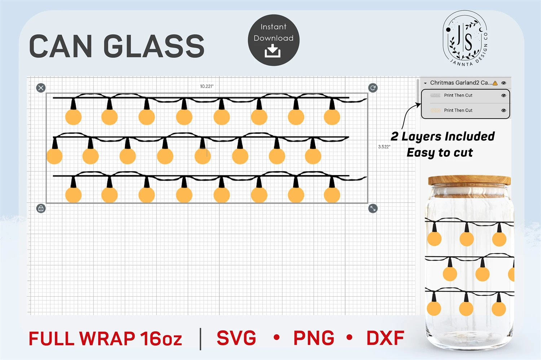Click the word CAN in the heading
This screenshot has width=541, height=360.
pyautogui.click(x=60, y=46)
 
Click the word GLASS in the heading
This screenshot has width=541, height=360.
pyautogui.click(x=154, y=46)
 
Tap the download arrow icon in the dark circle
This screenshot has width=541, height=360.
pyautogui.click(x=273, y=51)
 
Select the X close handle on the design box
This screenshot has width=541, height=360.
pyautogui.click(x=41, y=88)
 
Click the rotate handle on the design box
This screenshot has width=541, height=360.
pyautogui.click(x=373, y=88)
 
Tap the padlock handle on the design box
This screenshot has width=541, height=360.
pyautogui.click(x=41, y=208)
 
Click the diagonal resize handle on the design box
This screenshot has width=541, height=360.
pyautogui.click(x=373, y=208)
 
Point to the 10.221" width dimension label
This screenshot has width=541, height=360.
pyautogui.click(x=207, y=86)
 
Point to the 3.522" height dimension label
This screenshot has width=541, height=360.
pyautogui.click(x=384, y=147)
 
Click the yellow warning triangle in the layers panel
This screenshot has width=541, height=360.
pyautogui.click(x=495, y=83)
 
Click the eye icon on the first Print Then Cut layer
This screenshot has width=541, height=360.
pyautogui.click(x=503, y=95)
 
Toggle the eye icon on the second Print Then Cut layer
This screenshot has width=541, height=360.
pyautogui.click(x=503, y=111)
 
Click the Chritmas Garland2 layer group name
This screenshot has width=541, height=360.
pyautogui.click(x=461, y=83)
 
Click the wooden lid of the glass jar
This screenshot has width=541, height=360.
pyautogui.click(x=469, y=180)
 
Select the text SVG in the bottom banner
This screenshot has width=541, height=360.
pyautogui.click(x=236, y=338)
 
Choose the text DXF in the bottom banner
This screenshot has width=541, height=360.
pyautogui.click(x=385, y=338)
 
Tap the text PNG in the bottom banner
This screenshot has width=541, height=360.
pyautogui.click(x=314, y=338)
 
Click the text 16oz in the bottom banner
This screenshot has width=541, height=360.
pyautogui.click(x=161, y=339)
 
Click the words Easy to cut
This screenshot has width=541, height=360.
pyautogui.click(x=440, y=153)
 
